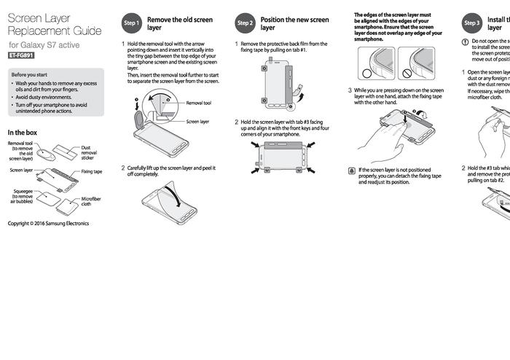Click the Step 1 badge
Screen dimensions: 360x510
pyautogui.click(x=132, y=23)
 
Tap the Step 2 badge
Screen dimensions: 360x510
pyautogui.click(x=245, y=23)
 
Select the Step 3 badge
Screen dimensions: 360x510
pyautogui.click(x=472, y=23)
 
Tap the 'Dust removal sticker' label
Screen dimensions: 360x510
pyautogui.click(x=88, y=152)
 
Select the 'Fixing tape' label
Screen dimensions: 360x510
pyautogui.click(x=92, y=172)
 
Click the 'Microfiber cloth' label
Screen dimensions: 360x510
pyautogui.click(x=91, y=201)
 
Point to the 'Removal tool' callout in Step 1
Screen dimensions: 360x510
pyautogui.click(x=198, y=103)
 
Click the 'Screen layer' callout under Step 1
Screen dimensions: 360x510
pyautogui.click(x=197, y=122)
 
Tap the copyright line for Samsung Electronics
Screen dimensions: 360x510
pyautogui.click(x=48, y=223)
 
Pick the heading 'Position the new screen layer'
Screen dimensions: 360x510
pyautogui.click(x=294, y=23)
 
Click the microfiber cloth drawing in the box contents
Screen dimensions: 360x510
pyautogui.click(x=66, y=206)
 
